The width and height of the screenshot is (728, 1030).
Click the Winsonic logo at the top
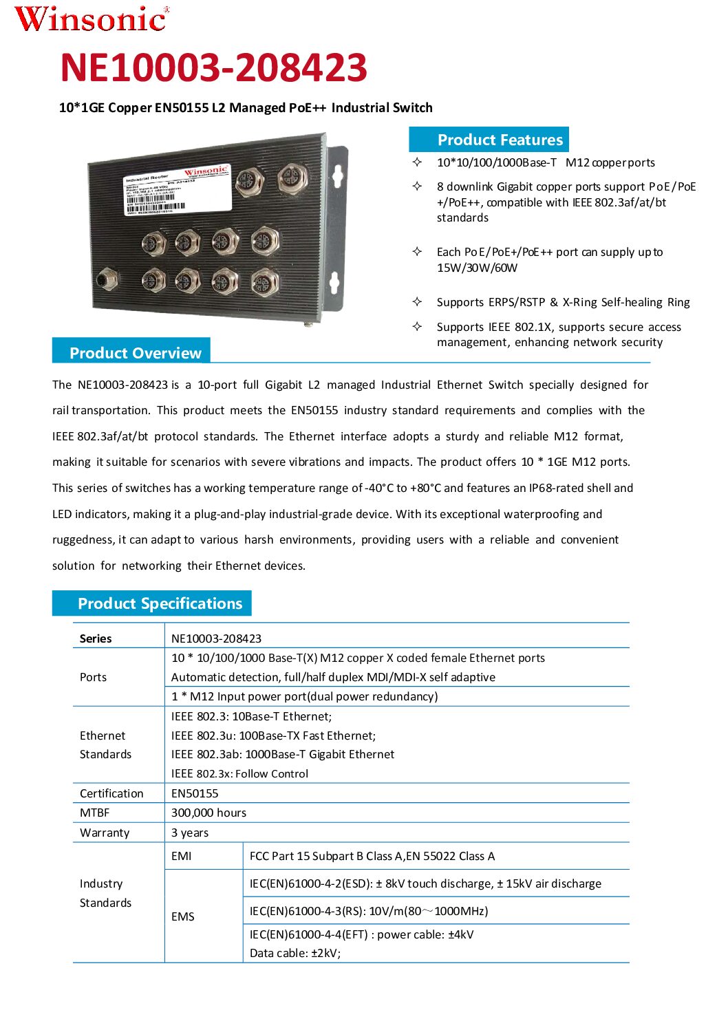point(92,19)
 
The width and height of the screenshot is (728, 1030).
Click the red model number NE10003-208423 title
point(214,67)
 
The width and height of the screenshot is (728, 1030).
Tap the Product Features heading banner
point(489,140)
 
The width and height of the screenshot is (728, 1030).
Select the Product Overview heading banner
point(131,352)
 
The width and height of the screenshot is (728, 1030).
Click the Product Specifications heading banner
point(152,603)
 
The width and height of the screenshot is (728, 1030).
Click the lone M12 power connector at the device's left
point(106,279)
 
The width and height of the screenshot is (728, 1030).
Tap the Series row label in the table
point(96,639)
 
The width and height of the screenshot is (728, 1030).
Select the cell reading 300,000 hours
point(208,813)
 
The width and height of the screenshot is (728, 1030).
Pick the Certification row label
point(111,793)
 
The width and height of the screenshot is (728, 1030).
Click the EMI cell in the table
point(182,856)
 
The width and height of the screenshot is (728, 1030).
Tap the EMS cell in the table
point(183,916)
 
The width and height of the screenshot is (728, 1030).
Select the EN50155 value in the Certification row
point(195,793)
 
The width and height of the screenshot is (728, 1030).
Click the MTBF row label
point(95,813)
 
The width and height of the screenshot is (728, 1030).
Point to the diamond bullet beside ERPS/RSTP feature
point(417,301)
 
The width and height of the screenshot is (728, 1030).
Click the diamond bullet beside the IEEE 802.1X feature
point(417,326)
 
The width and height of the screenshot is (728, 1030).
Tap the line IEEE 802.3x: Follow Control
point(239,773)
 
